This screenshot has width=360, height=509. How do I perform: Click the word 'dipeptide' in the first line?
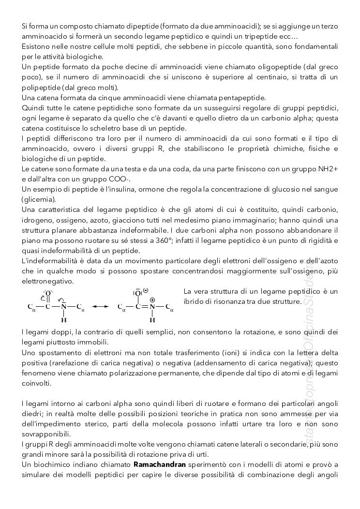click(142, 25)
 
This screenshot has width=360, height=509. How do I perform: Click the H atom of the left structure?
click(64, 320)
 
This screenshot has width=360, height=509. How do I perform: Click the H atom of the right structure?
click(152, 320)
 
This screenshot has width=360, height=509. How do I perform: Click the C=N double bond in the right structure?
click(145, 307)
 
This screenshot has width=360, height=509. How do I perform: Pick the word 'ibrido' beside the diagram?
click(194, 301)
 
